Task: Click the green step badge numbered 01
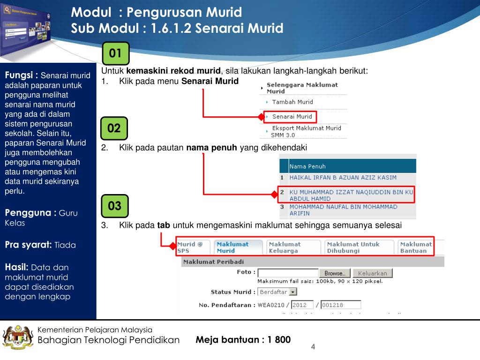pyautogui.click(x=115, y=53)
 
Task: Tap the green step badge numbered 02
pyautogui.click(x=114, y=128)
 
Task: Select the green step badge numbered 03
pyautogui.click(x=114, y=206)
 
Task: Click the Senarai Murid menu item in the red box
pyautogui.click(x=292, y=117)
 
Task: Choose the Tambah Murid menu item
pyautogui.click(x=292, y=102)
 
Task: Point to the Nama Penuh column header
pyautogui.click(x=307, y=166)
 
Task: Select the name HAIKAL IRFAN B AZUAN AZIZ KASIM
pyautogui.click(x=343, y=178)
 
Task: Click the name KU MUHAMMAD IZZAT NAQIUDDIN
pyautogui.click(x=351, y=195)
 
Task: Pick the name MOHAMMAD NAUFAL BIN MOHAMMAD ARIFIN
pyautogui.click(x=343, y=210)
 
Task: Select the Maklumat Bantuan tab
pyautogui.click(x=416, y=247)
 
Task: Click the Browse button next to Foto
pyautogui.click(x=335, y=273)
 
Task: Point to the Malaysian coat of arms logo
pyautogui.click(x=18, y=337)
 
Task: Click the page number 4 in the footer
pyautogui.click(x=313, y=346)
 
